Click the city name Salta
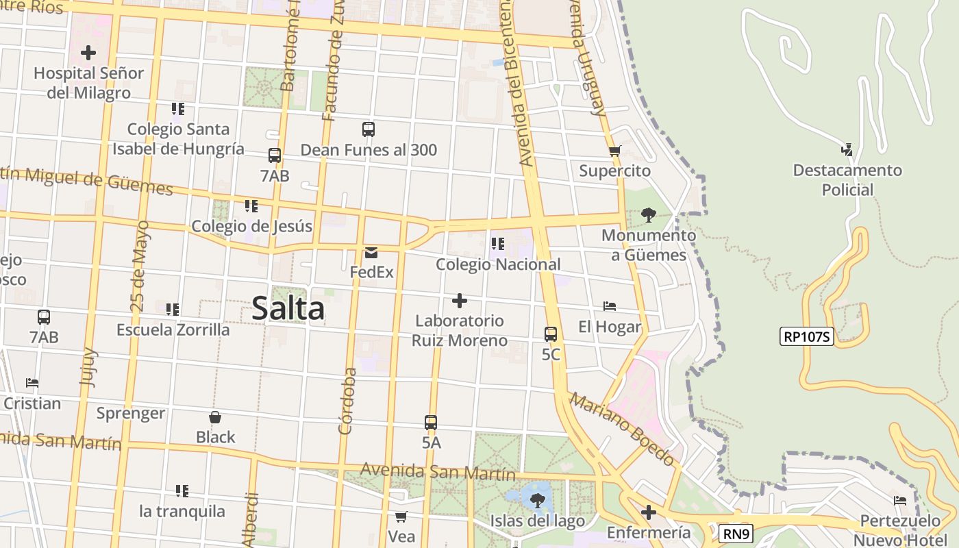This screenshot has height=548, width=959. click(x=288, y=309)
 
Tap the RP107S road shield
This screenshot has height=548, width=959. click(x=806, y=336)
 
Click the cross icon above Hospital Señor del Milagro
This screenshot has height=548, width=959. click(x=88, y=52)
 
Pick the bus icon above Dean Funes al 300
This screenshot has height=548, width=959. click(x=369, y=129)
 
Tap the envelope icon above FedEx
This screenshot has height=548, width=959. click(x=371, y=252)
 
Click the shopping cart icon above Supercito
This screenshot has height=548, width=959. click(x=614, y=151)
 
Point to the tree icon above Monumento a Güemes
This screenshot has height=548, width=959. click(x=648, y=215)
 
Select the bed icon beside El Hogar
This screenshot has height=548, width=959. click(x=610, y=306)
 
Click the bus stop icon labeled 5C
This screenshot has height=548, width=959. click(x=551, y=334)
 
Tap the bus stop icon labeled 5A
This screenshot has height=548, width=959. click(x=431, y=423)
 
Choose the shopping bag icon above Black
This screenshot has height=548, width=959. click(x=215, y=416)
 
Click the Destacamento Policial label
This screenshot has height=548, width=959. click(x=847, y=179)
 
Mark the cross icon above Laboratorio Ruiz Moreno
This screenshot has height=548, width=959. click(x=460, y=301)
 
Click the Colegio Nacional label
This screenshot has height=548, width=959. click(x=498, y=264)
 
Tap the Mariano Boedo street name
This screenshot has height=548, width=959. click(x=622, y=429)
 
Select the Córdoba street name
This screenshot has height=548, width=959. click(x=348, y=401)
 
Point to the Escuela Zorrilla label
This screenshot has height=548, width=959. click(x=173, y=329)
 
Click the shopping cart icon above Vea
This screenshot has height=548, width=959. click(x=401, y=516)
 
